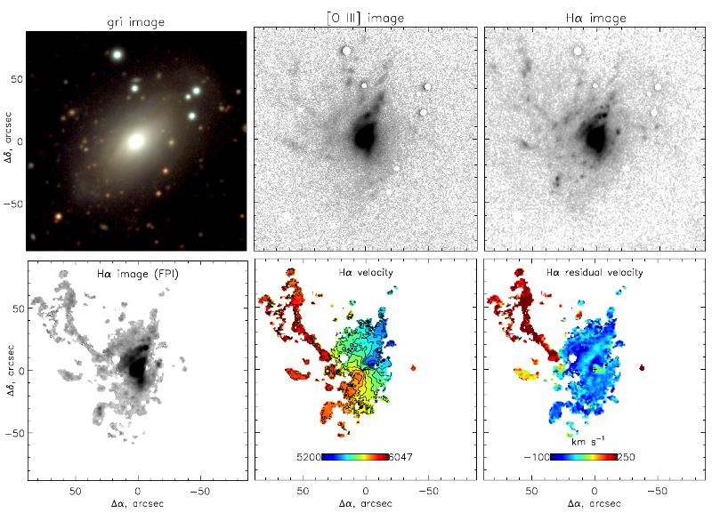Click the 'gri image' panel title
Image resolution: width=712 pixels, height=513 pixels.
(136, 19)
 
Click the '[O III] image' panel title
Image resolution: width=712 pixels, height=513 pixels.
(365, 18)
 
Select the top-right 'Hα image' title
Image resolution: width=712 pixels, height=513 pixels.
(594, 18)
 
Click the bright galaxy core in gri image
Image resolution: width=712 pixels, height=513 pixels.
(136, 141)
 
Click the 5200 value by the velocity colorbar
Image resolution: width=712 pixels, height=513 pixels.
(308, 457)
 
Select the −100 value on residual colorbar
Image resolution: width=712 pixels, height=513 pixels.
(536, 457)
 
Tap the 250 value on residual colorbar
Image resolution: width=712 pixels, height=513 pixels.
(627, 457)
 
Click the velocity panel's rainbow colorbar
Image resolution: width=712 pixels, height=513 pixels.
(354, 457)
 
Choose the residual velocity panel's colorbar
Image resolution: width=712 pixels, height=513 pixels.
(582, 457)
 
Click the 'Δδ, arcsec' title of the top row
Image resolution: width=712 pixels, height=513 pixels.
(9, 141)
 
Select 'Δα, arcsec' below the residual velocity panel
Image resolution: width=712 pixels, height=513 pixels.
(594, 504)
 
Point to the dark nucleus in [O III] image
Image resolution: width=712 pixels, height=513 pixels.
(364, 136)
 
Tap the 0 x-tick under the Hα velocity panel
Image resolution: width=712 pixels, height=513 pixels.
(365, 490)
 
